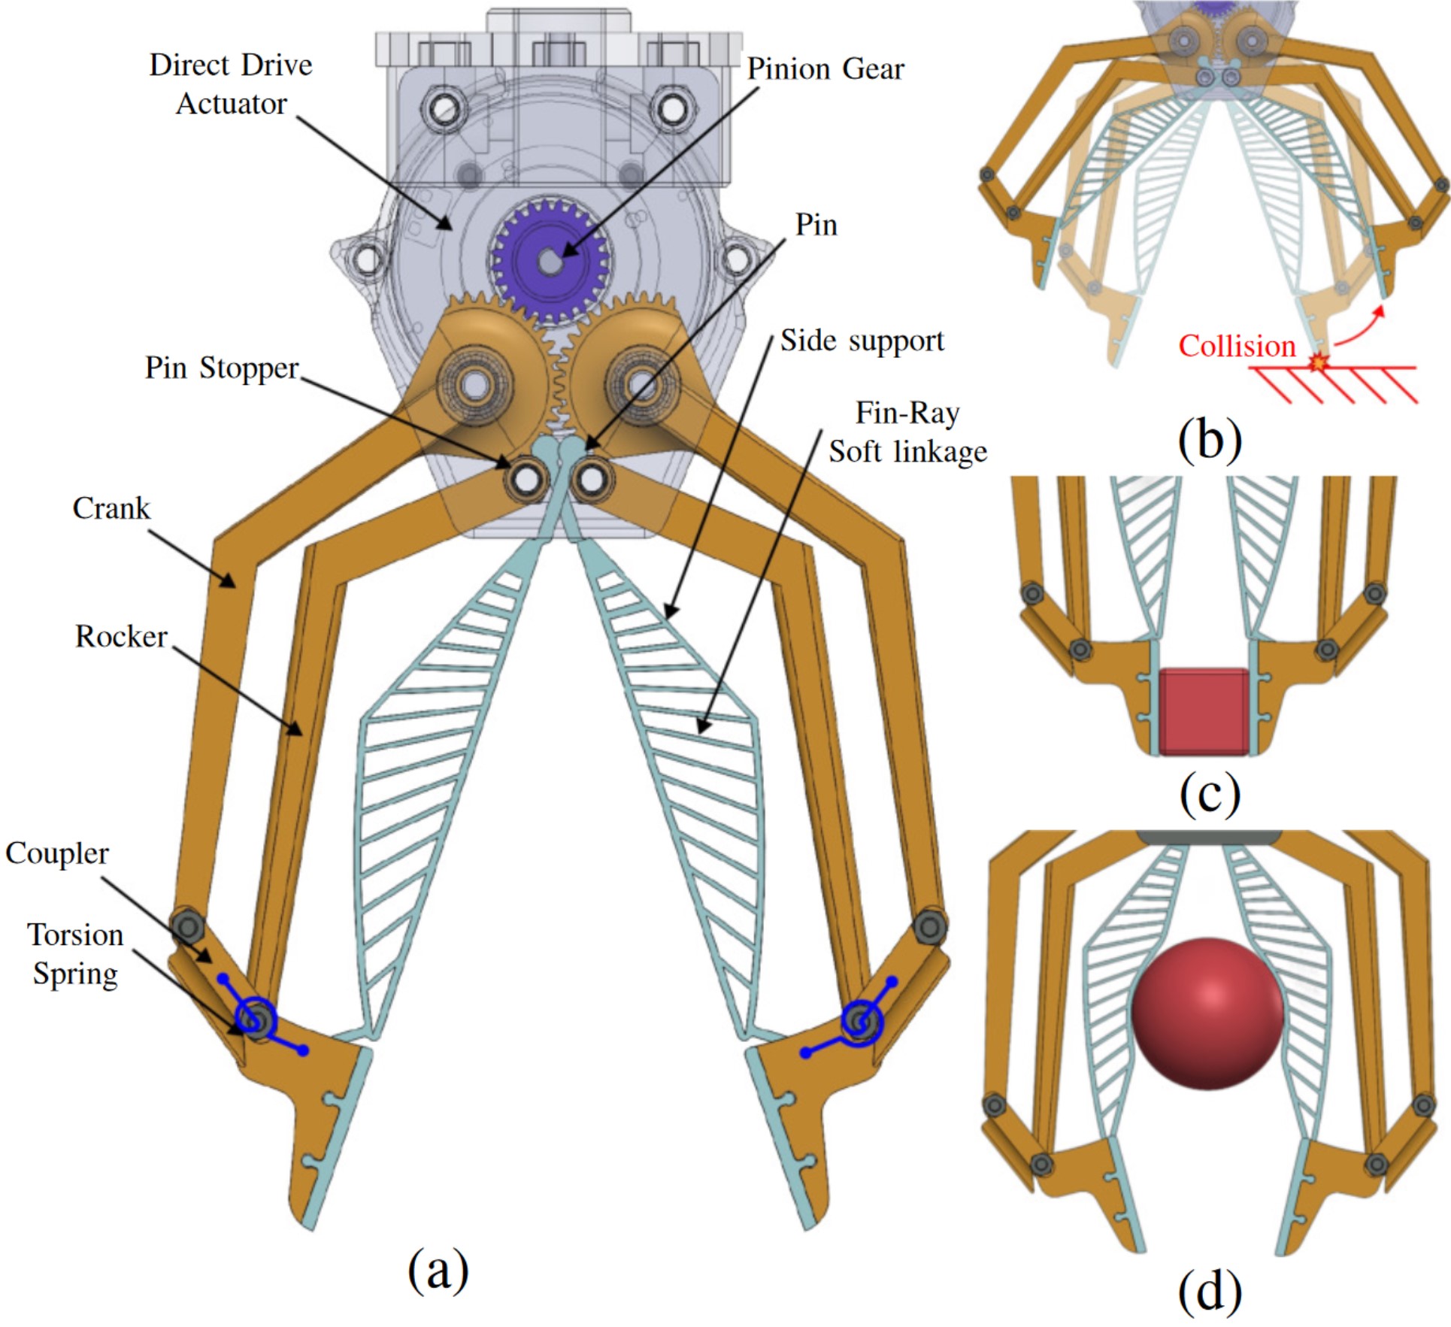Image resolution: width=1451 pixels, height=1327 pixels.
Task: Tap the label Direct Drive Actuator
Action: coord(231,84)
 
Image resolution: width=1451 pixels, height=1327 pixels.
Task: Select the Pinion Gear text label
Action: coord(825,69)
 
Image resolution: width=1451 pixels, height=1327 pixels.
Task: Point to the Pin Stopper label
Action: coord(222,368)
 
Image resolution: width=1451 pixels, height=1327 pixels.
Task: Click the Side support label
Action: coord(862,341)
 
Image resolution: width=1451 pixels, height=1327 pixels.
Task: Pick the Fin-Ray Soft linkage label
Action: coord(907,432)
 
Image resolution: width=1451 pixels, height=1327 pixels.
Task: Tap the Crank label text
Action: coord(111,509)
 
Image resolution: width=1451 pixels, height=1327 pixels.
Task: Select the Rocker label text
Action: coord(120,637)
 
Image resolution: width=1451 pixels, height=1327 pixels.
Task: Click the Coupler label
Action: coord(57,853)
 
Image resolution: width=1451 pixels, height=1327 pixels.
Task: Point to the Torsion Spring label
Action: coord(75,954)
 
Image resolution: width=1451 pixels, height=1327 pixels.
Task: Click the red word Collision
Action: coord(1237,347)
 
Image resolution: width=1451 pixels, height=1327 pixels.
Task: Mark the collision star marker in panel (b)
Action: coord(1317,363)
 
